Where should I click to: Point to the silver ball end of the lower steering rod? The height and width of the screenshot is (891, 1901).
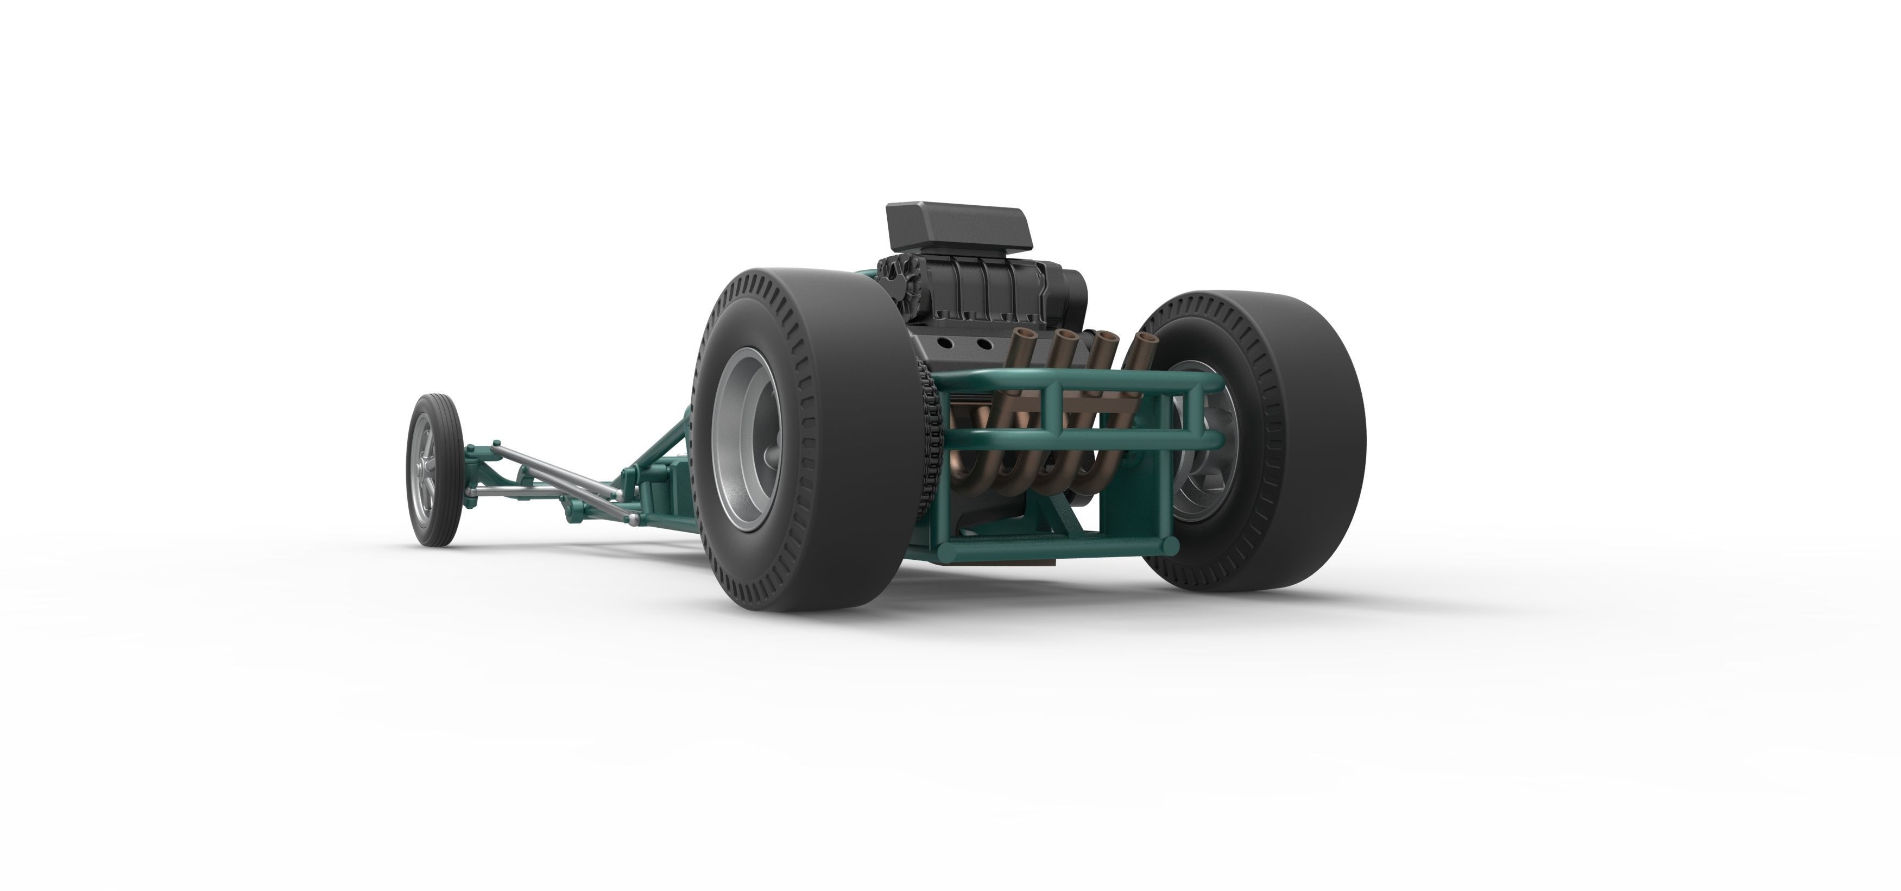633,522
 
